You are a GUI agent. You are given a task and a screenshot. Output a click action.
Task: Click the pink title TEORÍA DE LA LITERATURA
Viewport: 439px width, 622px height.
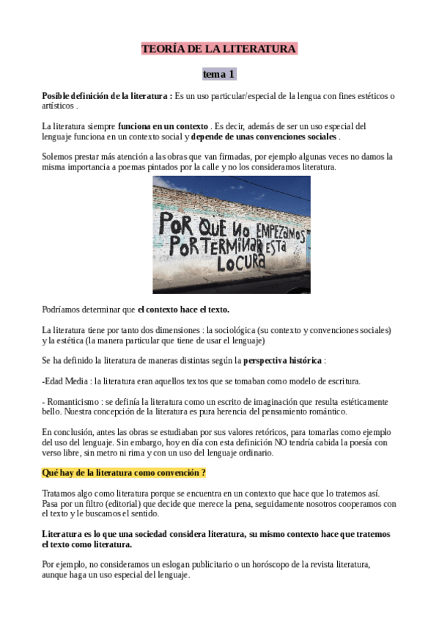[218, 49]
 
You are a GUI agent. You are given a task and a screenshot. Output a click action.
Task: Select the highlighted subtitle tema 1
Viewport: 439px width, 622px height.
[218, 75]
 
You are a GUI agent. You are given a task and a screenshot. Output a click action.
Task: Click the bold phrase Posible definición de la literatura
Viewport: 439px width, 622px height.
[107, 96]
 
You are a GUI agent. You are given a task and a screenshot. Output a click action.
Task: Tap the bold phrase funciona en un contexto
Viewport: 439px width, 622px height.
[163, 126]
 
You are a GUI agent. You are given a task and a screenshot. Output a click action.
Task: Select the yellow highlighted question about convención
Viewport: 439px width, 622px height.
[124, 473]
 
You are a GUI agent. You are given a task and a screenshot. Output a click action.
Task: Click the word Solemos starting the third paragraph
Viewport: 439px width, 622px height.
[58, 157]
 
